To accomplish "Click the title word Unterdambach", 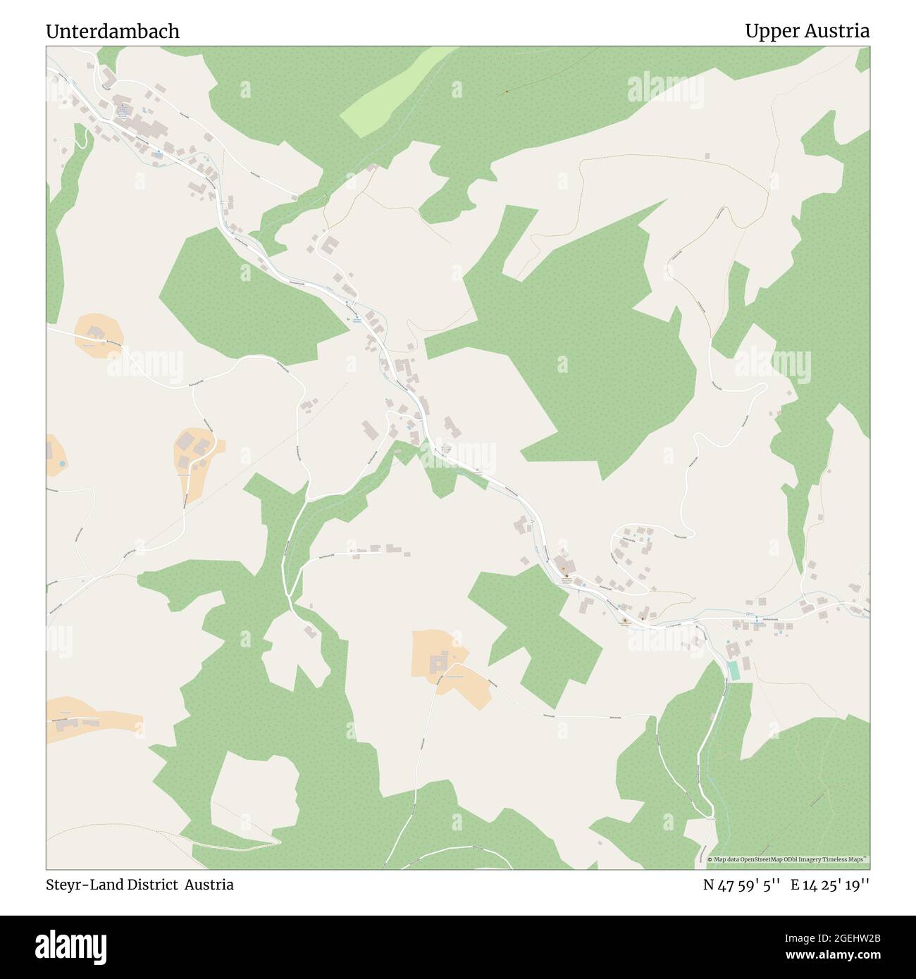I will coord(113,32).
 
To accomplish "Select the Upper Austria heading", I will coord(807,32).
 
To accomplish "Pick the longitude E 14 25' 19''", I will coord(830,885).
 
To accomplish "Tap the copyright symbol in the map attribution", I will coord(710,859).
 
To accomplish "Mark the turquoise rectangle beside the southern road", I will coord(735,671).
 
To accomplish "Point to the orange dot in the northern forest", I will coord(506,92).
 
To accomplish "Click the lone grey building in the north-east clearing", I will coord(707,156).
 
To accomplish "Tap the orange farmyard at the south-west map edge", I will coord(88,721).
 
